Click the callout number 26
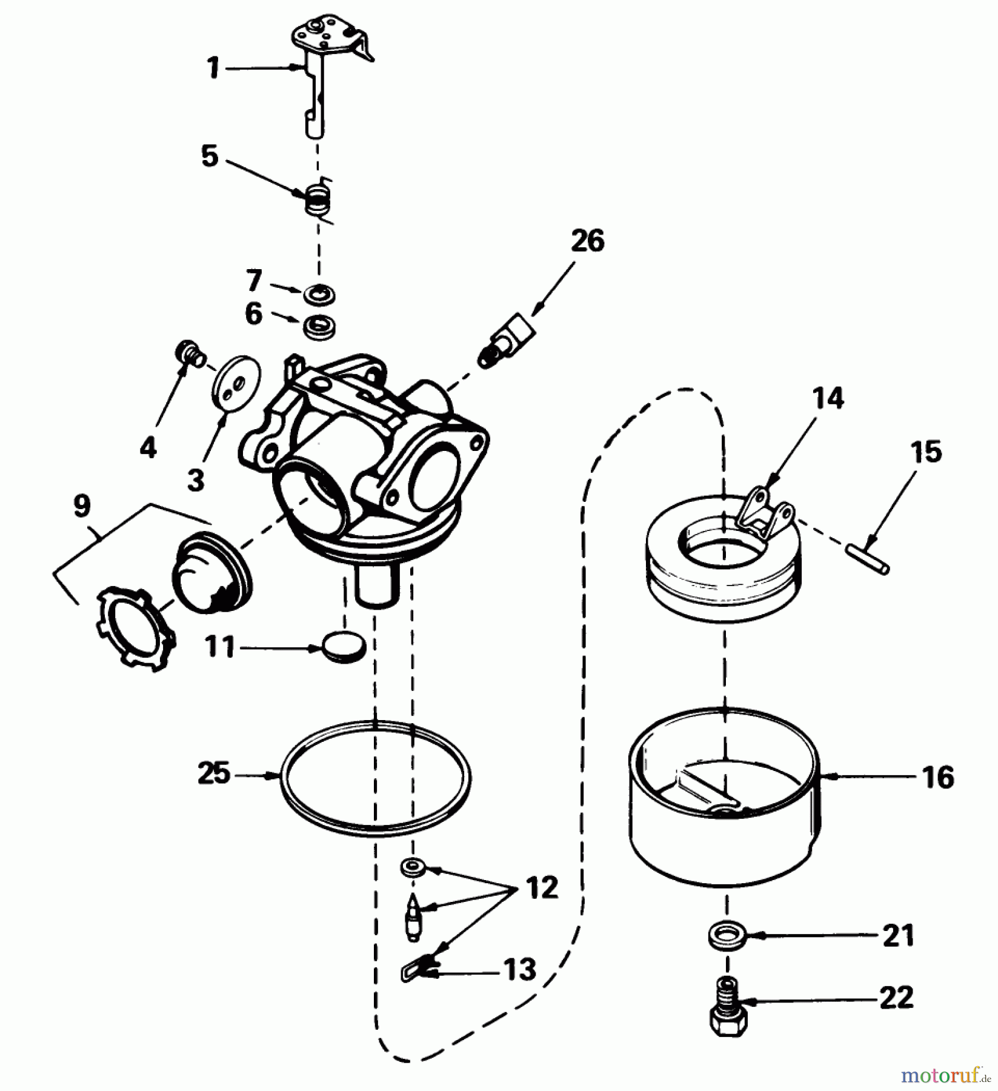[587, 241]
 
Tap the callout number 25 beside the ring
[214, 773]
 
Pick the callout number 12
[541, 888]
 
